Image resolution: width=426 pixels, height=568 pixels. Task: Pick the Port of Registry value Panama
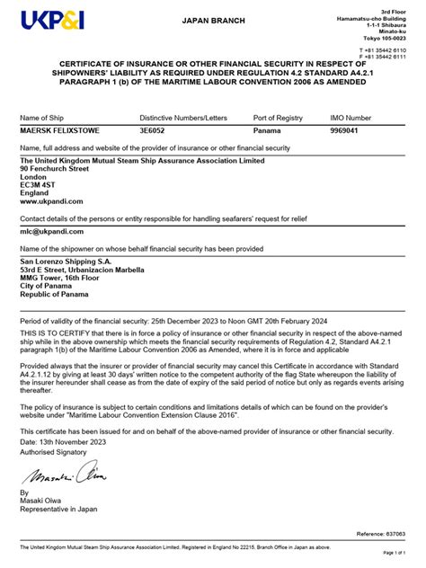pyautogui.click(x=267, y=131)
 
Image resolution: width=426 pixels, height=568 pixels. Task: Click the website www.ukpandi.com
pyautogui.click(x=52, y=201)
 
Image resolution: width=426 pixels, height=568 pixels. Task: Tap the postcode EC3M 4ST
pyautogui.click(x=41, y=184)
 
